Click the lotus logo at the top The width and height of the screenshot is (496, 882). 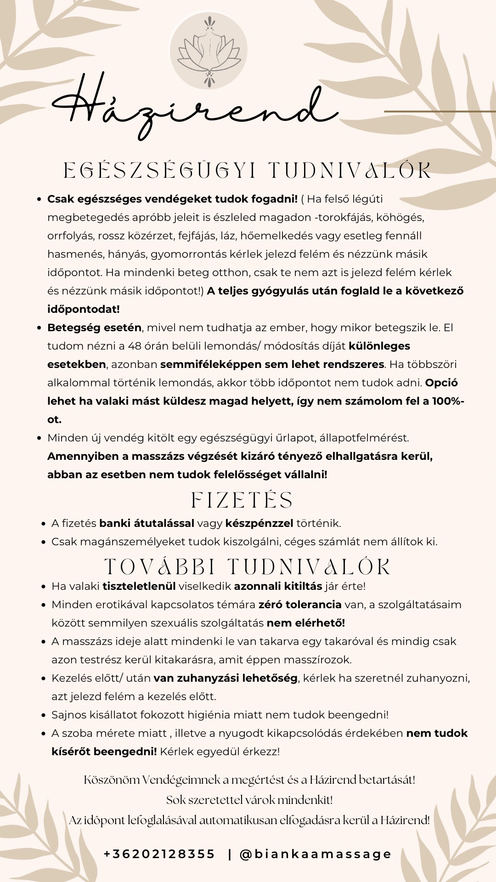tap(209, 50)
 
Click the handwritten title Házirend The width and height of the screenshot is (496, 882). tap(193, 108)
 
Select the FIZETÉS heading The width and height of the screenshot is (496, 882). tap(242, 500)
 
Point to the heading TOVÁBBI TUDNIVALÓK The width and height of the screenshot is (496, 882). tap(248, 567)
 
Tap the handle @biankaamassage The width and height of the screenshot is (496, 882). tap(316, 854)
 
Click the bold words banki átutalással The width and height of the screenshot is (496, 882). tap(147, 523)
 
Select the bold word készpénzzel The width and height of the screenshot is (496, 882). tap(259, 523)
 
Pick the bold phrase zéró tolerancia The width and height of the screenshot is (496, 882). tap(300, 605)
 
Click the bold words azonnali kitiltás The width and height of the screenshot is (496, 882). tap(278, 586)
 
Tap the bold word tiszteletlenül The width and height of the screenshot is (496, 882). tap(139, 586)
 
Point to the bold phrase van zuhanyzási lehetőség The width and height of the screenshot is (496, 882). tap(225, 678)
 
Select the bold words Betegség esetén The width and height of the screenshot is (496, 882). tap(94, 328)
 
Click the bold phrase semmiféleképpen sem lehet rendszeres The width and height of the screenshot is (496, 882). tap(272, 364)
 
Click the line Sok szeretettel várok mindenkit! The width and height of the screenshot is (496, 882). tap(249, 800)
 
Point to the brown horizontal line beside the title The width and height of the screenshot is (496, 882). tap(440, 111)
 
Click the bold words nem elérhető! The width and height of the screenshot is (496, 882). tap(306, 623)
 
